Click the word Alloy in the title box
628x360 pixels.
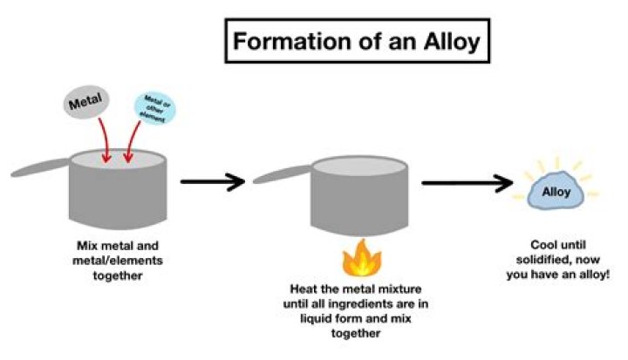pos(444,40)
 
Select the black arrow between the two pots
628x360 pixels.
pos(211,182)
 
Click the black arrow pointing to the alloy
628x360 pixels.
pos(467,183)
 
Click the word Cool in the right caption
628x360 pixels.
pos(545,246)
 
